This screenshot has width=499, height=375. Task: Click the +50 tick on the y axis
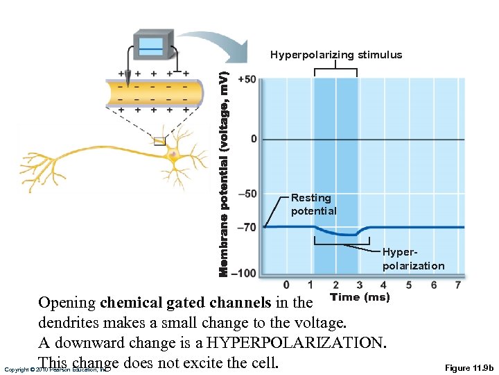tap(247, 79)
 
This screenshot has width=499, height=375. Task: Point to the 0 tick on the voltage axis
tap(253, 139)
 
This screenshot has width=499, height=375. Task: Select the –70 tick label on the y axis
tap(247, 227)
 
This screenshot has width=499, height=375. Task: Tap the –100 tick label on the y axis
tap(244, 273)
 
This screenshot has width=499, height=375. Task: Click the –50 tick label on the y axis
tap(247, 194)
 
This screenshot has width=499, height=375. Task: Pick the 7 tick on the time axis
tap(458, 285)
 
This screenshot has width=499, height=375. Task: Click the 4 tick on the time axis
tap(384, 285)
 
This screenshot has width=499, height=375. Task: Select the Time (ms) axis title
tap(360, 297)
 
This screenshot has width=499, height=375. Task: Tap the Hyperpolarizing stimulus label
tap(336, 55)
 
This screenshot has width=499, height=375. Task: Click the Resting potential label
tap(313, 204)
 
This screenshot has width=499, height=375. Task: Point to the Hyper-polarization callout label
tap(413, 260)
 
